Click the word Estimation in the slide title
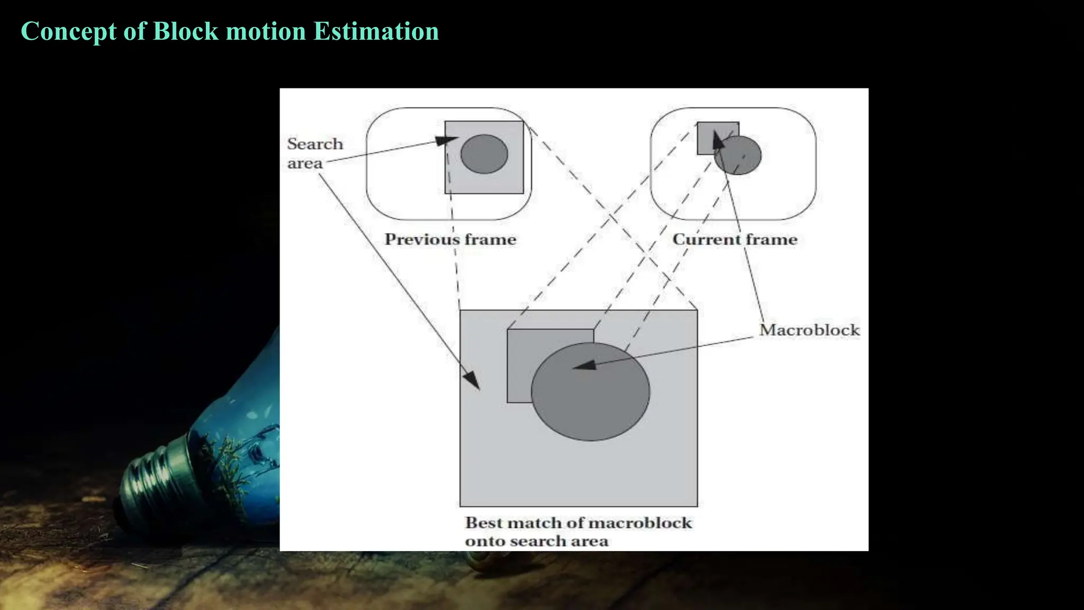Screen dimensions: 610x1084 376,31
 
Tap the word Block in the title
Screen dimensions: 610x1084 185,31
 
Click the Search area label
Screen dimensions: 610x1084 314,154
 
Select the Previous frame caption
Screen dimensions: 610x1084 450,239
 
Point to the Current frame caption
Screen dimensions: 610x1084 735,239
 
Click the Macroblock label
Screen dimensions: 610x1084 809,330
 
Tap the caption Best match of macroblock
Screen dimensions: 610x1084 578,523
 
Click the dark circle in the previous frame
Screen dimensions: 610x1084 484,154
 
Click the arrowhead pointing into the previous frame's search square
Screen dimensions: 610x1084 446,140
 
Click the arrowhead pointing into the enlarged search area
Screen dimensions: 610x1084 472,380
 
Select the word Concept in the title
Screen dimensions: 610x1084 68,31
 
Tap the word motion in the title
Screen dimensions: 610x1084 266,31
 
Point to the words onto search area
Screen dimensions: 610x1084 537,542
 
